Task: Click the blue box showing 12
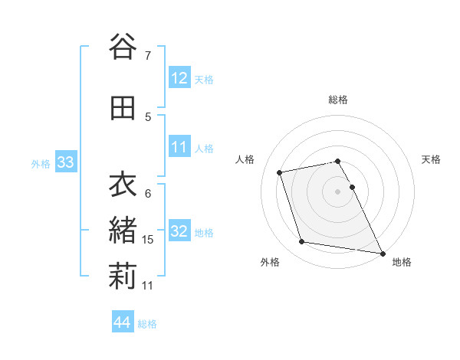pos(179,78)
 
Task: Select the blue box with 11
pos(179,147)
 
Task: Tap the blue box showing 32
pos(179,231)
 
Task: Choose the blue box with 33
pos(65,162)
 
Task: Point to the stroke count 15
pos(148,240)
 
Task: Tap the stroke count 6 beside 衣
pos(147,193)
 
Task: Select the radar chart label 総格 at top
pos(338,100)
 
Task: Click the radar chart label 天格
pos(431,159)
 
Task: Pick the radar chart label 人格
pos(245,159)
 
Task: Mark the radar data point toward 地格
pos(383,253)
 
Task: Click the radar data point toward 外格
pos(302,242)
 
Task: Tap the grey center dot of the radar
pos(338,191)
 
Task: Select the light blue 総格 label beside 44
pos(147,323)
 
